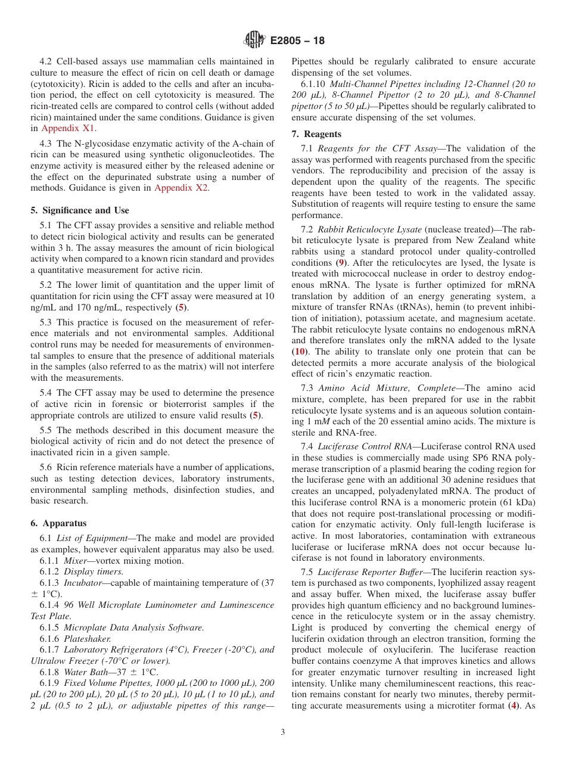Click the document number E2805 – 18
(297, 41)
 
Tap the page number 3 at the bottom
(282, 732)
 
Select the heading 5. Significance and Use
(79, 210)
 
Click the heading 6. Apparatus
(58, 523)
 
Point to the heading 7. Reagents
(316, 134)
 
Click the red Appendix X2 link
(181, 188)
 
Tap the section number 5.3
(46, 322)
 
